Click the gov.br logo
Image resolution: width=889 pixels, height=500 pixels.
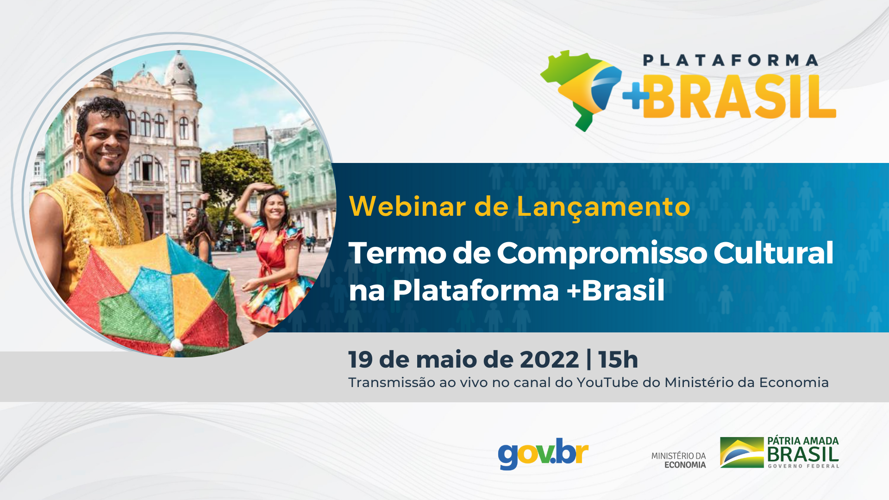coord(543,454)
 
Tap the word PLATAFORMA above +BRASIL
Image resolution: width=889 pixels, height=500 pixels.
coord(731,60)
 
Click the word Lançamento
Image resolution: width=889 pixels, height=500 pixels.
coord(603,207)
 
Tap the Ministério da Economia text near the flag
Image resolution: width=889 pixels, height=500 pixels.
coord(679,460)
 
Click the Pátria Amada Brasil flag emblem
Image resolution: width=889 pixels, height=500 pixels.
coord(742,452)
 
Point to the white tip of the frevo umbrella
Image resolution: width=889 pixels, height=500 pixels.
coord(176,344)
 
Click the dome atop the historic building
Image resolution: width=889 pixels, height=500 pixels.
coord(179,69)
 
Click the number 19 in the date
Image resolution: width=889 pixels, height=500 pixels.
coord(361,360)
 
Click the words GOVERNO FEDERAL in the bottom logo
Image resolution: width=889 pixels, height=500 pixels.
coord(803,466)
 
